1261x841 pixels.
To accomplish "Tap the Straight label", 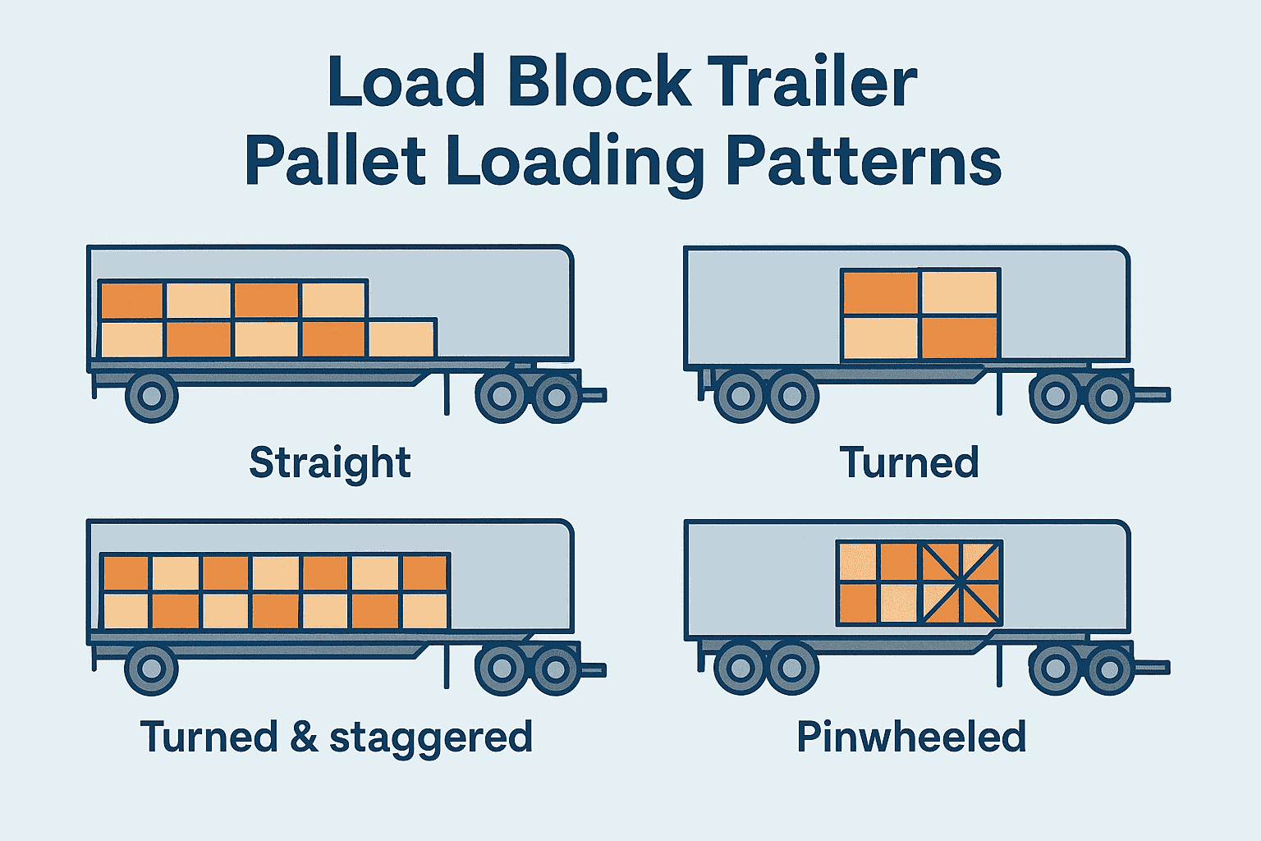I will (x=329, y=463).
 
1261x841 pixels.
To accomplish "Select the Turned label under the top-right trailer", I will (x=909, y=462).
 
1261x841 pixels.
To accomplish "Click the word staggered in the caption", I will (x=431, y=738).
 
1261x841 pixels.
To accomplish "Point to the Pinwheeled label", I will (x=911, y=737).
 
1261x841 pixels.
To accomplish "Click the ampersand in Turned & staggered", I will (x=304, y=737).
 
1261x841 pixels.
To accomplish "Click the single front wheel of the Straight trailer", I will (x=151, y=397).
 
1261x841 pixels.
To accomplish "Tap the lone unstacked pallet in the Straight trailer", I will (x=401, y=338).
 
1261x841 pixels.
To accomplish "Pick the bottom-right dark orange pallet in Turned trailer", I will (x=958, y=338).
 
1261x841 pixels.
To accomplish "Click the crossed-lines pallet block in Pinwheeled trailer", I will (x=961, y=582).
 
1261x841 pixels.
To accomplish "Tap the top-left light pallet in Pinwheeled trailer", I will (x=857, y=561).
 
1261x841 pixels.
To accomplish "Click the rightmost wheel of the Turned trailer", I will (x=1109, y=397).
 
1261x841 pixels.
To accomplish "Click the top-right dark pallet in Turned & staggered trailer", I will (x=425, y=572).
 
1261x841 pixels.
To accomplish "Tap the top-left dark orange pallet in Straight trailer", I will (x=131, y=301).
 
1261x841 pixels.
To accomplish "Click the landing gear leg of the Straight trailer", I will (x=447, y=394).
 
